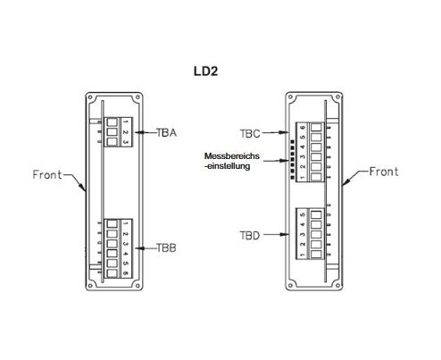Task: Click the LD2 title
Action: (x=205, y=71)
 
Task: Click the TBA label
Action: (x=167, y=133)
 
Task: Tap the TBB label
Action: (x=166, y=247)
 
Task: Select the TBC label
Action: (x=250, y=134)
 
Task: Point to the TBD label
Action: (x=250, y=236)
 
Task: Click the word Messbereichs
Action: (x=232, y=156)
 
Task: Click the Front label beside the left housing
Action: (x=47, y=174)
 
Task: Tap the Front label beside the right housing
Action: (x=384, y=172)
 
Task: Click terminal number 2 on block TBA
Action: (x=125, y=132)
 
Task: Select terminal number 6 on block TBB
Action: (x=125, y=273)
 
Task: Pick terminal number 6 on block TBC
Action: (x=303, y=128)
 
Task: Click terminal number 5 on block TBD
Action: (x=303, y=214)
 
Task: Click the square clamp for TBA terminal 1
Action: (x=112, y=122)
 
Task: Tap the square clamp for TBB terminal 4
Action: (x=112, y=254)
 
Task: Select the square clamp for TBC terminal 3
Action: (x=316, y=157)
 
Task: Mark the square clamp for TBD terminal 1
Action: (x=316, y=254)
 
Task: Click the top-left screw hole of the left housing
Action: (x=91, y=97)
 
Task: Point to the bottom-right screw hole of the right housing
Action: (x=337, y=285)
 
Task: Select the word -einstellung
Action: (x=228, y=166)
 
